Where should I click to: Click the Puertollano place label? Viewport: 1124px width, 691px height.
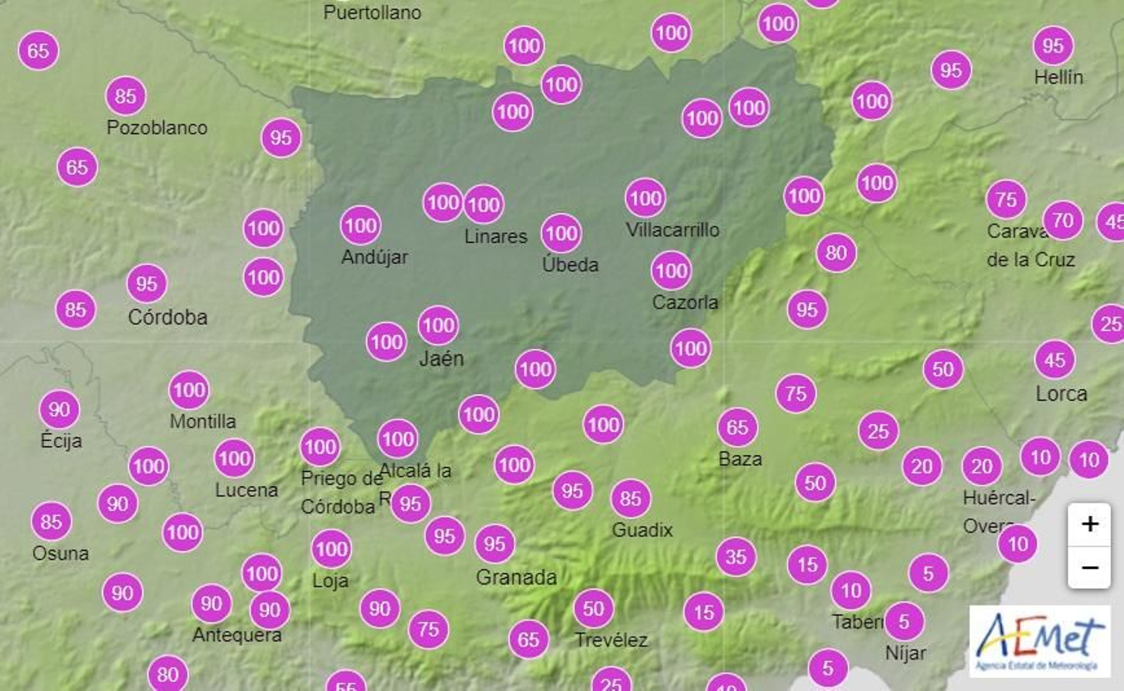(x=372, y=13)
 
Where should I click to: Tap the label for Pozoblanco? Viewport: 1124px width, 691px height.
(x=157, y=128)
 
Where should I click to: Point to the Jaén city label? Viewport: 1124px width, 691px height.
(x=441, y=359)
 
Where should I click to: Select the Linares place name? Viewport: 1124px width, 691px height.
(x=495, y=237)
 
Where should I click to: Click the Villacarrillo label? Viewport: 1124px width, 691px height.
(x=672, y=230)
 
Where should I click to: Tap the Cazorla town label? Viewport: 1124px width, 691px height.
(x=685, y=303)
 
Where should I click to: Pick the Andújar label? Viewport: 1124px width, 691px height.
(x=374, y=257)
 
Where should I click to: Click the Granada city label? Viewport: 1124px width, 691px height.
(x=516, y=577)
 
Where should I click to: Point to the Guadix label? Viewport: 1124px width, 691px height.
(x=642, y=529)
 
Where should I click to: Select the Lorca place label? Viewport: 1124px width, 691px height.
(x=1061, y=393)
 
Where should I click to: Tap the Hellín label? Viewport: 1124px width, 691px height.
(x=1058, y=77)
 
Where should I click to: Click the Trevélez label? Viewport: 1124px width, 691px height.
(x=611, y=640)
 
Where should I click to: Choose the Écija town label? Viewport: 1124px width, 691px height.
(x=61, y=441)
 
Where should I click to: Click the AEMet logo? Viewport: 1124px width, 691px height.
(x=1040, y=640)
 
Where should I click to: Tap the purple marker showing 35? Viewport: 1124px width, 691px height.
(x=736, y=557)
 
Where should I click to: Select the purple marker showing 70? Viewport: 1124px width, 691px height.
(x=1062, y=221)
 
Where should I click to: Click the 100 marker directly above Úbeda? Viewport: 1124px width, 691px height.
(x=561, y=233)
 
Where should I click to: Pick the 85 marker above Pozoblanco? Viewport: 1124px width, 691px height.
(x=126, y=96)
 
